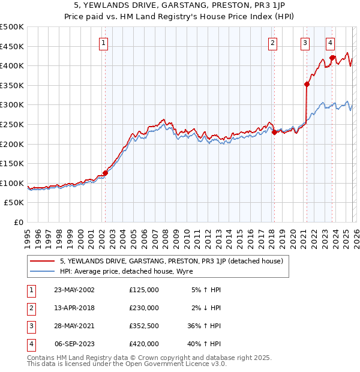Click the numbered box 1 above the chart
coord(104,43)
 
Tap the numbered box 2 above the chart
coord(272,43)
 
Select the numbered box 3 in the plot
coord(305,43)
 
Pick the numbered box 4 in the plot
coord(330,43)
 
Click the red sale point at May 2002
coord(105,173)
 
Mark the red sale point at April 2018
coord(274,132)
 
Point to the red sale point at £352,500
coord(307,85)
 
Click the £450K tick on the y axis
coord(12,46)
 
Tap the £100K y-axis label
coord(12,183)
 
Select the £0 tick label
coord(18,222)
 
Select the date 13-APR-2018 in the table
coord(74,308)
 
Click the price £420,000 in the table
coord(144,344)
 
